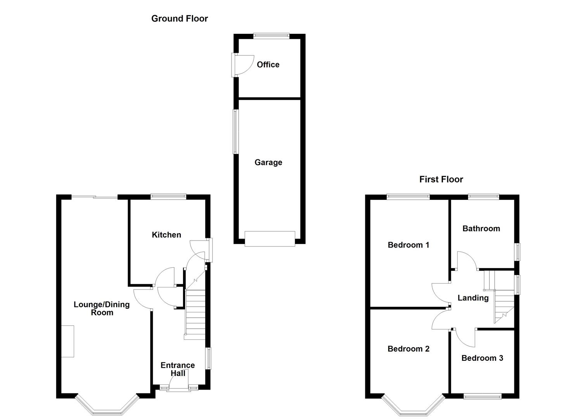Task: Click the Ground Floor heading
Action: point(180,19)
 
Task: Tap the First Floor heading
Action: point(441,179)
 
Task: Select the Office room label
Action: point(268,64)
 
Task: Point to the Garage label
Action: point(268,162)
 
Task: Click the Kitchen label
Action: point(166,235)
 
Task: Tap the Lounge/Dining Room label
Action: point(102,308)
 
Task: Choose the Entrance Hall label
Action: point(178,369)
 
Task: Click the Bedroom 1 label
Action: point(408,245)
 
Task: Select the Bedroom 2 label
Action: point(408,349)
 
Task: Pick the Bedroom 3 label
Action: point(482,358)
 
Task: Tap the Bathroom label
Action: point(481,229)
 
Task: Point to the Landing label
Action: point(473,298)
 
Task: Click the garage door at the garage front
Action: point(270,239)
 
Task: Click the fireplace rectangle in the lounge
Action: point(67,341)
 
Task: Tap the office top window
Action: point(272,36)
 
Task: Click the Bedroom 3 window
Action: point(483,396)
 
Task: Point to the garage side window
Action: point(235,132)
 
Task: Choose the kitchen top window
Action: point(168,197)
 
